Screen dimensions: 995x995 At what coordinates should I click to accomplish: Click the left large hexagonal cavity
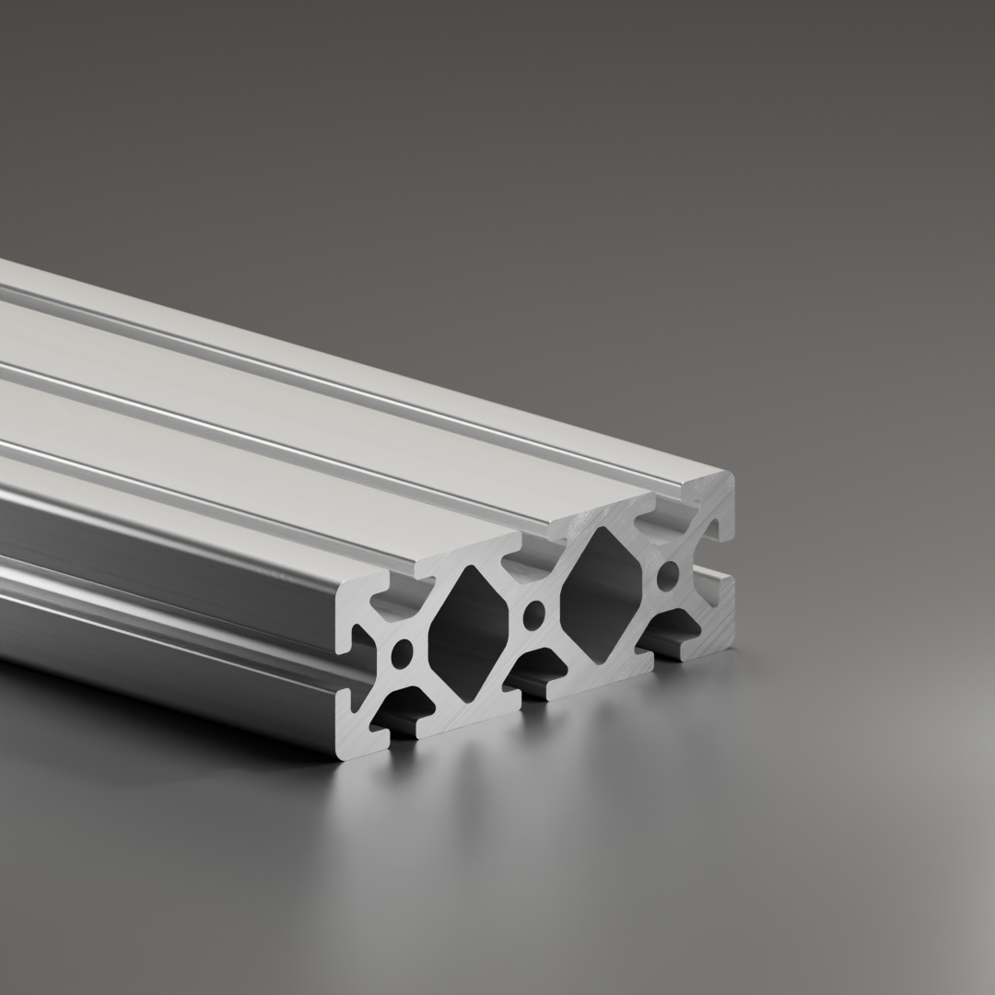(468, 635)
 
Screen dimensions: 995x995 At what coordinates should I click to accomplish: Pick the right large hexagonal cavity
(601, 595)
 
